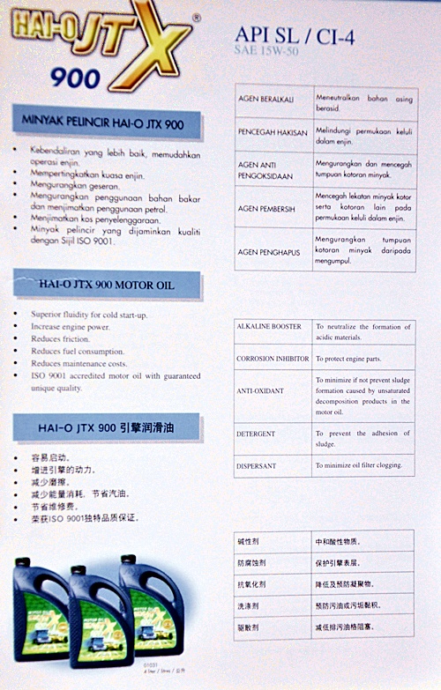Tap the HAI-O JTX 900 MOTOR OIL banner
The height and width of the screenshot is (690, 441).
(x=106, y=285)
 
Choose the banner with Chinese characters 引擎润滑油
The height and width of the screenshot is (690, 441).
(x=107, y=428)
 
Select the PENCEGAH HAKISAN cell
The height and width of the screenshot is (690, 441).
(x=273, y=133)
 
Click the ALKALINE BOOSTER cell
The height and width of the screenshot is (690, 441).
(x=269, y=327)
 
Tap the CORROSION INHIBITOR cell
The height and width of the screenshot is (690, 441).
(x=273, y=360)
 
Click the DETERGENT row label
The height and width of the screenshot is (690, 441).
(x=256, y=434)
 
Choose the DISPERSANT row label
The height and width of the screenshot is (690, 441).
(x=257, y=464)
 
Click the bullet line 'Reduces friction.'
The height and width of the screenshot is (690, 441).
(x=61, y=338)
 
